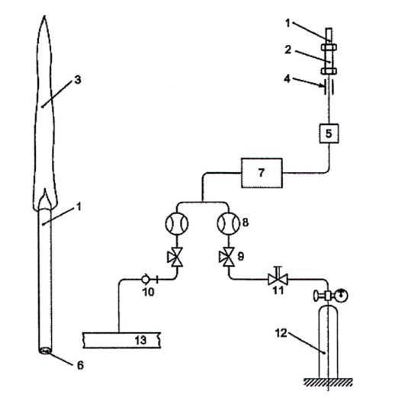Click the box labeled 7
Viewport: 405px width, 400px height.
[262, 173]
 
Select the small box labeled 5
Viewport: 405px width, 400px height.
[329, 133]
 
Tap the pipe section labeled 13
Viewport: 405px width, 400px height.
[122, 340]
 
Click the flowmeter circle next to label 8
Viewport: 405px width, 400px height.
[228, 223]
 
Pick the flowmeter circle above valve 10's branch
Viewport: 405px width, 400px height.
[177, 223]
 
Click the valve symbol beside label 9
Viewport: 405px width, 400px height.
[227, 257]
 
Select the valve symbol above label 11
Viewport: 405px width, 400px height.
[278, 278]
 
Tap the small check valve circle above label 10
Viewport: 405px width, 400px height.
[146, 279]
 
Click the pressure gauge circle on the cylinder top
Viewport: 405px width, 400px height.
[341, 296]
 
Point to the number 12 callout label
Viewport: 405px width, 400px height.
[281, 333]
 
